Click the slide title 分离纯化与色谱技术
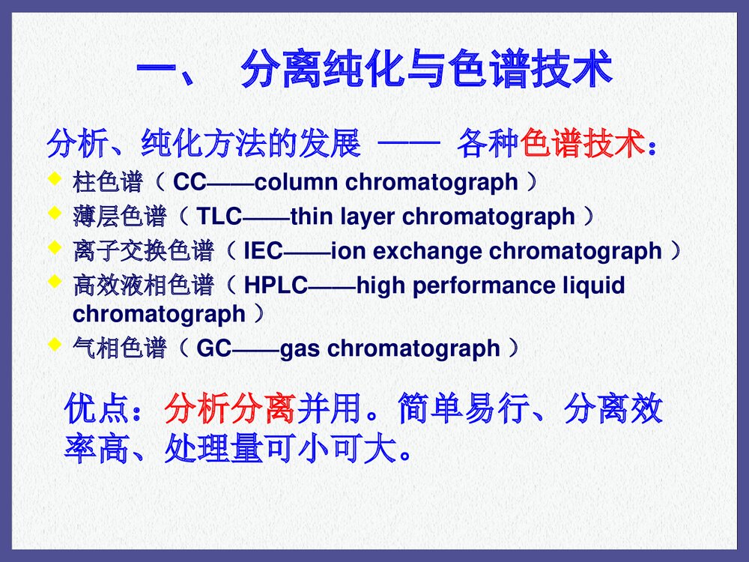click(425, 72)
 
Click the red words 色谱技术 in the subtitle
click(583, 143)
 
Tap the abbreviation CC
click(189, 182)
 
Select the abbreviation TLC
click(218, 217)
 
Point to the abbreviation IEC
click(264, 251)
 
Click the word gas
click(300, 348)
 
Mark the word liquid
click(592, 285)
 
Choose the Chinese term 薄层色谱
click(120, 217)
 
